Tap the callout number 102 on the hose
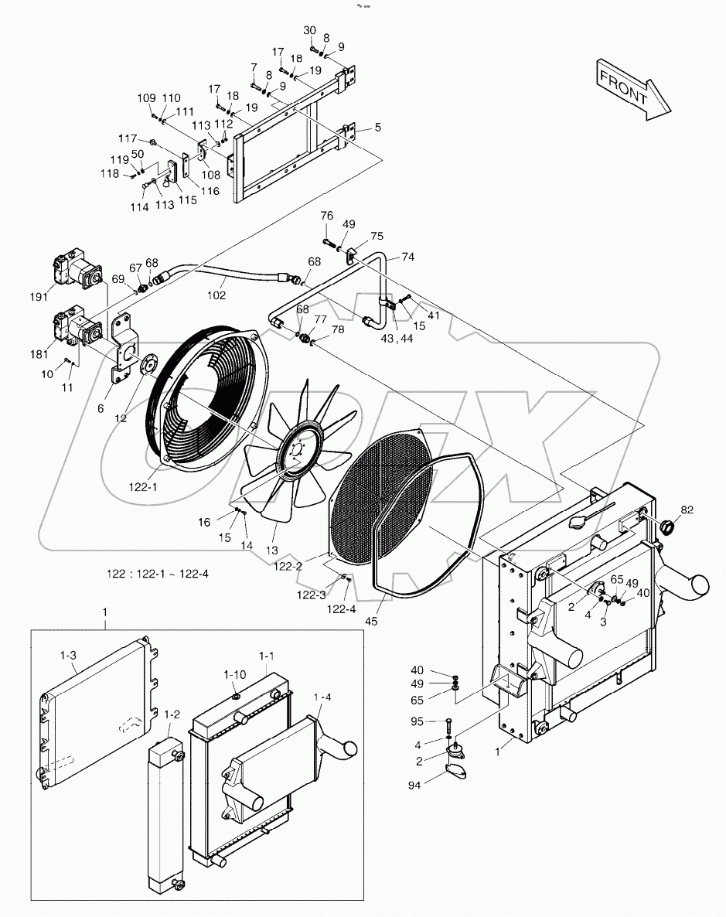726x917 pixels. click(217, 295)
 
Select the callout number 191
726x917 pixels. click(39, 295)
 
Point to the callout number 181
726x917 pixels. click(39, 355)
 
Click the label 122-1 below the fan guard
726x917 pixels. click(143, 487)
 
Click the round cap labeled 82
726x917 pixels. click(666, 530)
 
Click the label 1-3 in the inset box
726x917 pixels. click(68, 655)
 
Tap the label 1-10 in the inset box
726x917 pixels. click(235, 674)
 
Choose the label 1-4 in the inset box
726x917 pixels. click(324, 697)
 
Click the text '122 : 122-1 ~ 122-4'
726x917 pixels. click(158, 574)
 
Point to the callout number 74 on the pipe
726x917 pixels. click(407, 256)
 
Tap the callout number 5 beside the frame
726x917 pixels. click(378, 127)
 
